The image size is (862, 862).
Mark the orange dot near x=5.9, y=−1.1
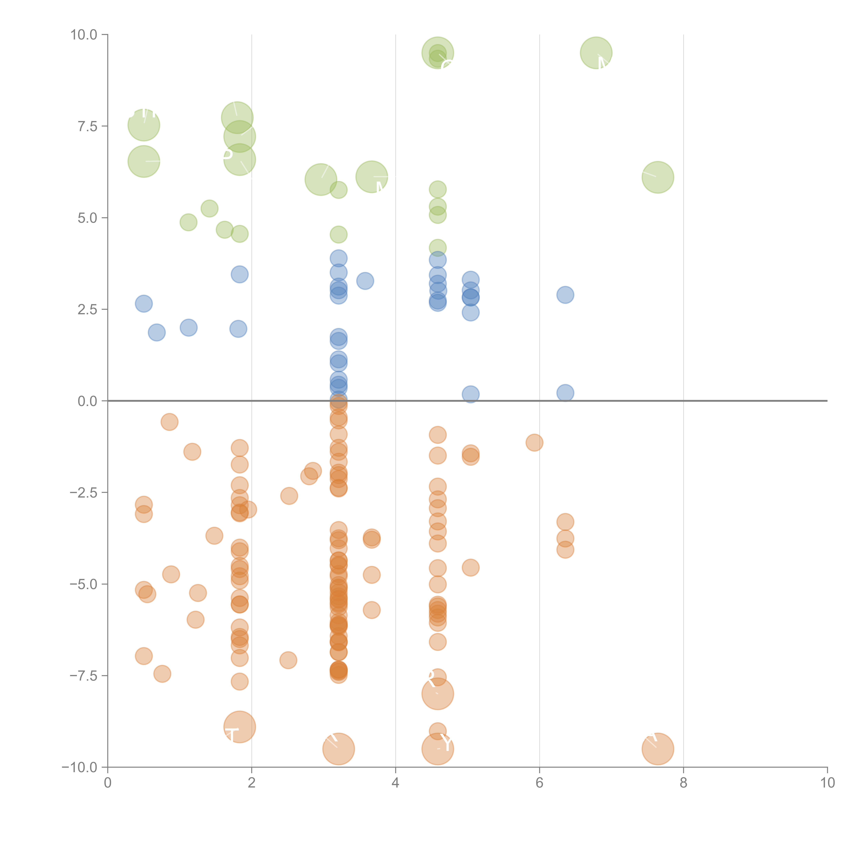coord(534,443)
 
